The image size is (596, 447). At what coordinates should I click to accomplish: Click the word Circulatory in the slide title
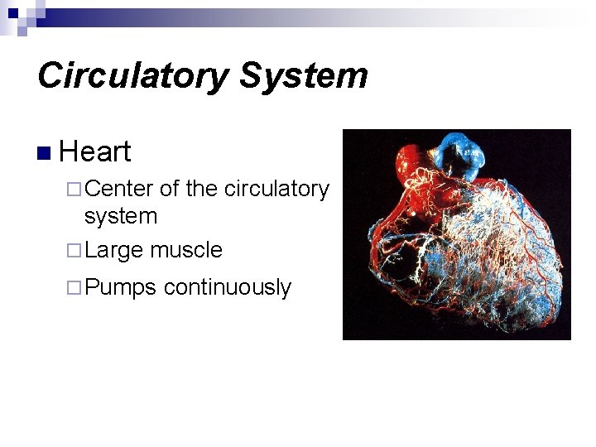[x=132, y=75]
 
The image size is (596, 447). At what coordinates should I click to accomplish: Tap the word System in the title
[x=304, y=75]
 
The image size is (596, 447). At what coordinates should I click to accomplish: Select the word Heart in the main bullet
[x=95, y=151]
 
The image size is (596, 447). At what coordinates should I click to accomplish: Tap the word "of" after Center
[x=169, y=189]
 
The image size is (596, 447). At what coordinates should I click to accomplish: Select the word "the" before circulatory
[x=203, y=189]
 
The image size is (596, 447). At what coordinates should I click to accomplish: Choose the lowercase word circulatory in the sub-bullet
[x=276, y=190]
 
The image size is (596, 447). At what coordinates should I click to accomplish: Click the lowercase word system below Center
[x=121, y=216]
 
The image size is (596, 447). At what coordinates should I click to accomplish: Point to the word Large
[x=113, y=250]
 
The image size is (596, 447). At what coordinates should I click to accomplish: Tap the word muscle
[x=186, y=249]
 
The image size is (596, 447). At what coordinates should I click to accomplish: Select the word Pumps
[x=120, y=288]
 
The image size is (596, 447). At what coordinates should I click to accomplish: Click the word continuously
[x=228, y=288]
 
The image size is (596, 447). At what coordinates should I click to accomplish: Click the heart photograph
[x=457, y=234]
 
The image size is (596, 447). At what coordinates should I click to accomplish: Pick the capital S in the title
[x=252, y=75]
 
